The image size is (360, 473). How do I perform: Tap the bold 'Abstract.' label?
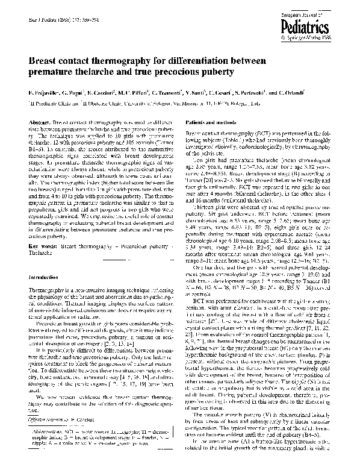point(40,122)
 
